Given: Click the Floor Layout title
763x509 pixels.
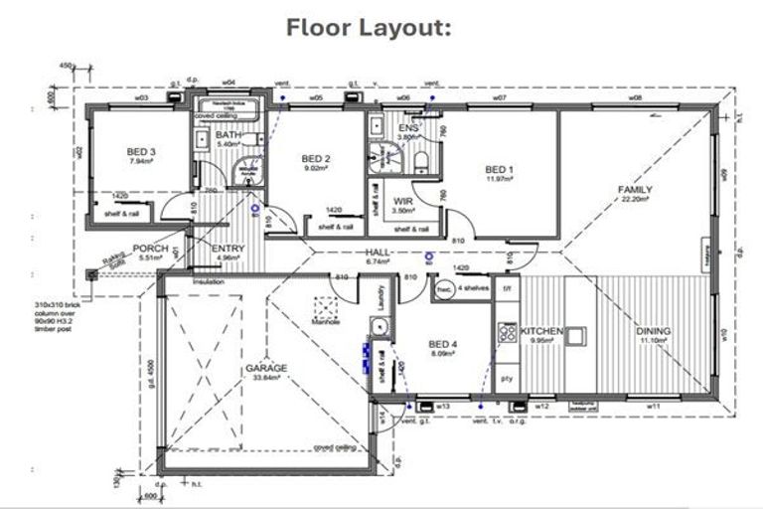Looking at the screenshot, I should pyautogui.click(x=369, y=27).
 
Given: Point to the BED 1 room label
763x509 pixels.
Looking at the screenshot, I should pyautogui.click(x=499, y=169).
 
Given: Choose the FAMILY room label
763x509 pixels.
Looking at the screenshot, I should pyautogui.click(x=635, y=189).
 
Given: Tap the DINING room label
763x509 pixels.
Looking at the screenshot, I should pyautogui.click(x=654, y=331).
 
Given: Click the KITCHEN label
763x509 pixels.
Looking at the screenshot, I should pyautogui.click(x=543, y=331).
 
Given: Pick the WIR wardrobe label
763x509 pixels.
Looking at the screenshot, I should pyautogui.click(x=402, y=200).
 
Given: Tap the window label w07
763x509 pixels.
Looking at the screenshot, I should pyautogui.click(x=499, y=99).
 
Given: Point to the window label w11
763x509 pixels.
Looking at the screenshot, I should pyautogui.click(x=654, y=406).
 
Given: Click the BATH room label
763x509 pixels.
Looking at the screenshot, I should pyautogui.click(x=229, y=135).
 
